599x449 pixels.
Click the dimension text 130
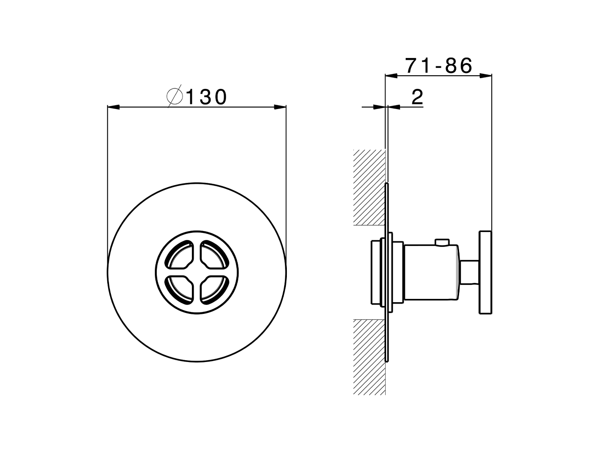click(206, 97)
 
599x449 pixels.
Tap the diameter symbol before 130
click(175, 97)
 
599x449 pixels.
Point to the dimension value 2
click(417, 97)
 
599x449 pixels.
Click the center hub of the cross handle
click(197, 271)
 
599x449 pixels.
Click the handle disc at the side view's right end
click(485, 272)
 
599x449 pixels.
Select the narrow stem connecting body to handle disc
click(469, 272)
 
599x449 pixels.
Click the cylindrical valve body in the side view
click(431, 272)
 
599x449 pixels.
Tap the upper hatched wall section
click(369, 187)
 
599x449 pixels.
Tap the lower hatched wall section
click(369, 355)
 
